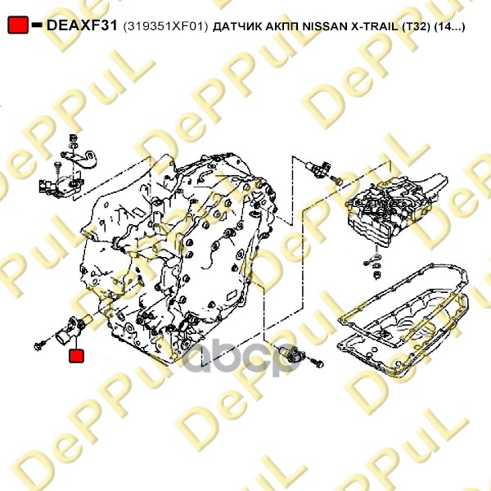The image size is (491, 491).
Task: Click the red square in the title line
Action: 18,25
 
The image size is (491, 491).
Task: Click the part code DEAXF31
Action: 82,25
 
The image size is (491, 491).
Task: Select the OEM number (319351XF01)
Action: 165,26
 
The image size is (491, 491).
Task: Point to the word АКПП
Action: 282,26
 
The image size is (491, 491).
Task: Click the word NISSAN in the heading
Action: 324,26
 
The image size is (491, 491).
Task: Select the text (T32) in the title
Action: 416,26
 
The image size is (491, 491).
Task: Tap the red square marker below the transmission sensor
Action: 76,356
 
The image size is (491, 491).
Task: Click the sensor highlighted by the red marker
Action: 74,330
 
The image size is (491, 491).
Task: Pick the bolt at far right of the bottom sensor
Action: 317,363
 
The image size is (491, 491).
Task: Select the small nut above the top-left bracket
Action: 74,137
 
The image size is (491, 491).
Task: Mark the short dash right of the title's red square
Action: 38,25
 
